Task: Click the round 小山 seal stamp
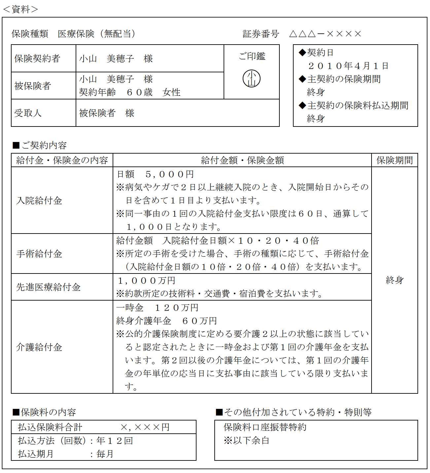coord(252,79)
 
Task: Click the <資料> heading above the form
coord(20,9)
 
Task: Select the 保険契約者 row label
coord(37,58)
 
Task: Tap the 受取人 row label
coord(28,113)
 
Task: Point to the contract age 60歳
coord(139,92)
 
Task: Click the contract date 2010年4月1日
coord(348,66)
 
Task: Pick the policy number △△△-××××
coord(325,34)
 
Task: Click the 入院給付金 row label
coord(39,200)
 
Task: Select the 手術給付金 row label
coord(39,254)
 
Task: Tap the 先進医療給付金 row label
coord(48,287)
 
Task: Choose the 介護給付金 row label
coord(39,347)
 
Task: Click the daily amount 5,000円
coord(169,174)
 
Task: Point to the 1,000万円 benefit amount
coord(147,281)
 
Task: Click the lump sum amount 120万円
coord(176,308)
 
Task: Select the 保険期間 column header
coord(395,160)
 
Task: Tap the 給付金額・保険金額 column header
coord(242,160)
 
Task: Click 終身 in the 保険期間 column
coord(395,280)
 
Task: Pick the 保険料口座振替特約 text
coord(265,427)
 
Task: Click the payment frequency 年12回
coord(115,441)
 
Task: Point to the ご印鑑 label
coord(252,56)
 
